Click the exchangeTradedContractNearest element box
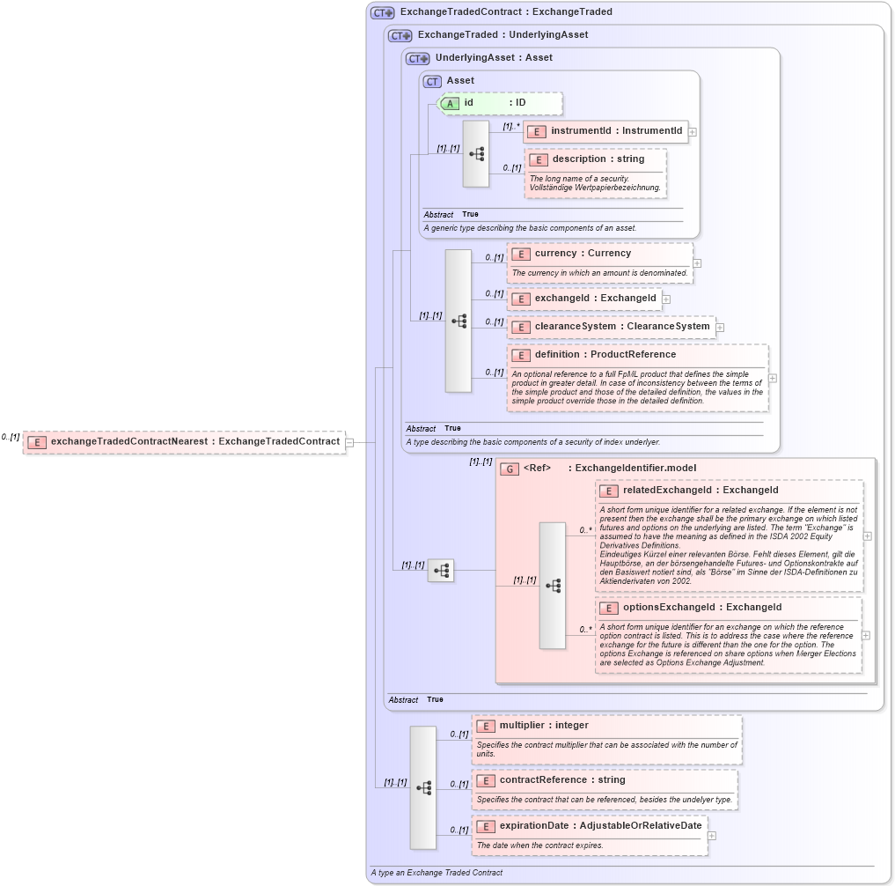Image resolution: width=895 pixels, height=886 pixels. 184,442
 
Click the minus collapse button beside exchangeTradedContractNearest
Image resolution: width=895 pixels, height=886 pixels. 349,442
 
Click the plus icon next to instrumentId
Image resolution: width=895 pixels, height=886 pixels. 693,132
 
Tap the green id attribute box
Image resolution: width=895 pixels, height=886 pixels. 500,103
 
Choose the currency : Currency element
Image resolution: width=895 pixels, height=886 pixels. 582,254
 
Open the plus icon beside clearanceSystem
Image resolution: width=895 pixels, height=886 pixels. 720,328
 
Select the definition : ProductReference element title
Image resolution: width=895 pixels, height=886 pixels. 605,355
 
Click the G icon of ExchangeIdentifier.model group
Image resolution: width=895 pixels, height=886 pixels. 510,469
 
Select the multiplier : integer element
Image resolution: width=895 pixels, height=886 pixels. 543,726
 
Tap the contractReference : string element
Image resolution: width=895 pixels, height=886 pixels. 561,780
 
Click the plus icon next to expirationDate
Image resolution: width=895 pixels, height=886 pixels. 712,836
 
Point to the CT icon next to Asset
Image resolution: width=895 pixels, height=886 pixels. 432,81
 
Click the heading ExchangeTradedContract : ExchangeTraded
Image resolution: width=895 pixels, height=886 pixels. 506,12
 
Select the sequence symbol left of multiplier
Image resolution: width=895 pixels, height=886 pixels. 423,787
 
